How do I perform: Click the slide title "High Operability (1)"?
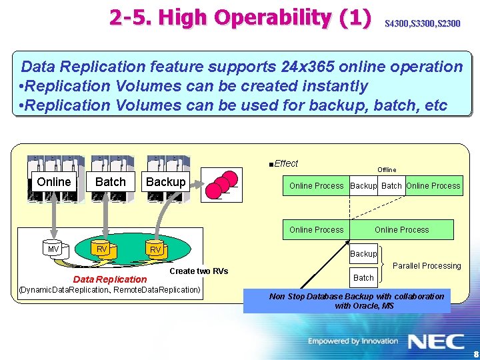[240, 18]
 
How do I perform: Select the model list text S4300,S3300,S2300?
[422, 24]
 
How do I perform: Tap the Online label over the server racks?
[54, 182]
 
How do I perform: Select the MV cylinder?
[53, 249]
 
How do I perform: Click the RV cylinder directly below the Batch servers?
[102, 249]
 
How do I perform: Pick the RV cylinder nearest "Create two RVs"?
[155, 250]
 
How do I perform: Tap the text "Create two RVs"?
[199, 271]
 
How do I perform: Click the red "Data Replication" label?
[110, 279]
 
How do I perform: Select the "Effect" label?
[285, 163]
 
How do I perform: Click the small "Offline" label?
[387, 170]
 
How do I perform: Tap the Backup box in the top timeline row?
[363, 186]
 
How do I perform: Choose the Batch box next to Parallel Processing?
[363, 277]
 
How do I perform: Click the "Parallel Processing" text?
[427, 265]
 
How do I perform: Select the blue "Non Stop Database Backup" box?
[347, 301]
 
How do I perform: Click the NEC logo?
[436, 341]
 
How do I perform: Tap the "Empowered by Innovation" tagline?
[353, 341]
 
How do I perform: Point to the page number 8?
[475, 355]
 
